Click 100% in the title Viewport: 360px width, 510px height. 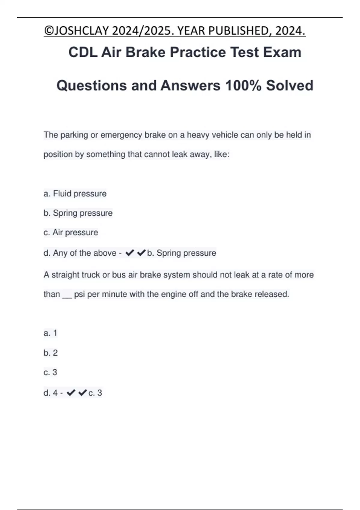tap(243, 85)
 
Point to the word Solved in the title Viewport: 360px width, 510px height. tap(289, 85)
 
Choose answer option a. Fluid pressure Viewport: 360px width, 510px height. tap(75, 194)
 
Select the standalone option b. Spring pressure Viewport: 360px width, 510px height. tap(78, 213)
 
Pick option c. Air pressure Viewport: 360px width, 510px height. tap(71, 232)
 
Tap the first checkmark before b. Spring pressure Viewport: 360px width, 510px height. tap(129, 253)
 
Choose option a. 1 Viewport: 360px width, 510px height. tap(50, 333)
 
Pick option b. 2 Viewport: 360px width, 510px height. tap(50, 353)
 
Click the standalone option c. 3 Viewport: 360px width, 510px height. tap(50, 372)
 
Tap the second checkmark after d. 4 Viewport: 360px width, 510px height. tap(82, 393)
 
